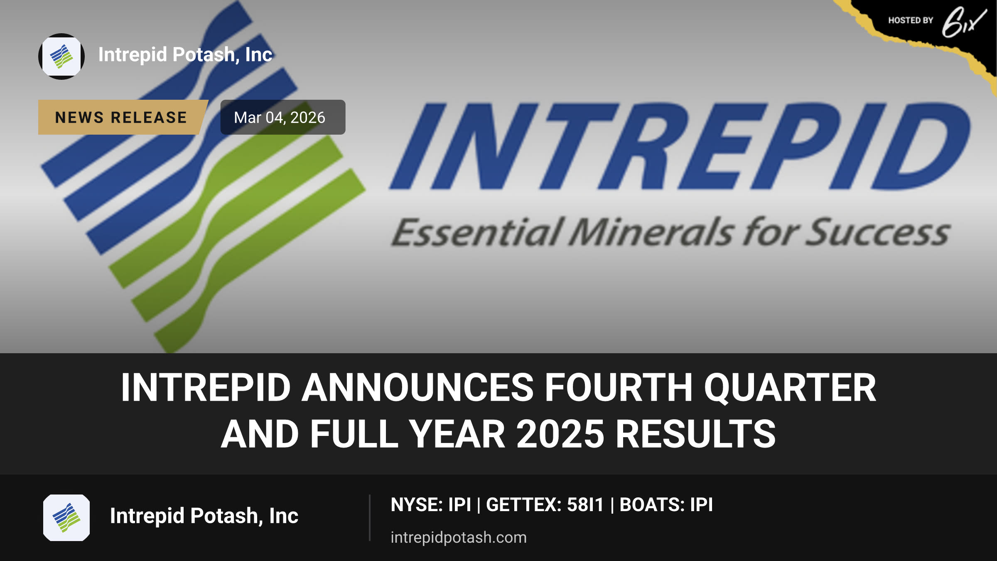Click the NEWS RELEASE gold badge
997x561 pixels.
[x=123, y=117]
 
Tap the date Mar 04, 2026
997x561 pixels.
[x=280, y=118]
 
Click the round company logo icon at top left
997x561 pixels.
[x=61, y=57]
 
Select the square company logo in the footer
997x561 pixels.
[x=66, y=518]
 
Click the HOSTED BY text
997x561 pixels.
[x=911, y=20]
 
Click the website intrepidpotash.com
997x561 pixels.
[x=459, y=537]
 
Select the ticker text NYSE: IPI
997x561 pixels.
[x=431, y=505]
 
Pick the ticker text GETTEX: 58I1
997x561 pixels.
[x=545, y=505]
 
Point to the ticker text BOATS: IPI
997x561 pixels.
[x=666, y=505]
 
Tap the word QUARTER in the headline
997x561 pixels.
[x=790, y=388]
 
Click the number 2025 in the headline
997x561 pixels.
[x=560, y=434]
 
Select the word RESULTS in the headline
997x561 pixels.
[x=696, y=434]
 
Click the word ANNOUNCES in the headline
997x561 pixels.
[x=417, y=387]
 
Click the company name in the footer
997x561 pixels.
[x=204, y=516]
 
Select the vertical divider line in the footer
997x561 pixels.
[x=369, y=518]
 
